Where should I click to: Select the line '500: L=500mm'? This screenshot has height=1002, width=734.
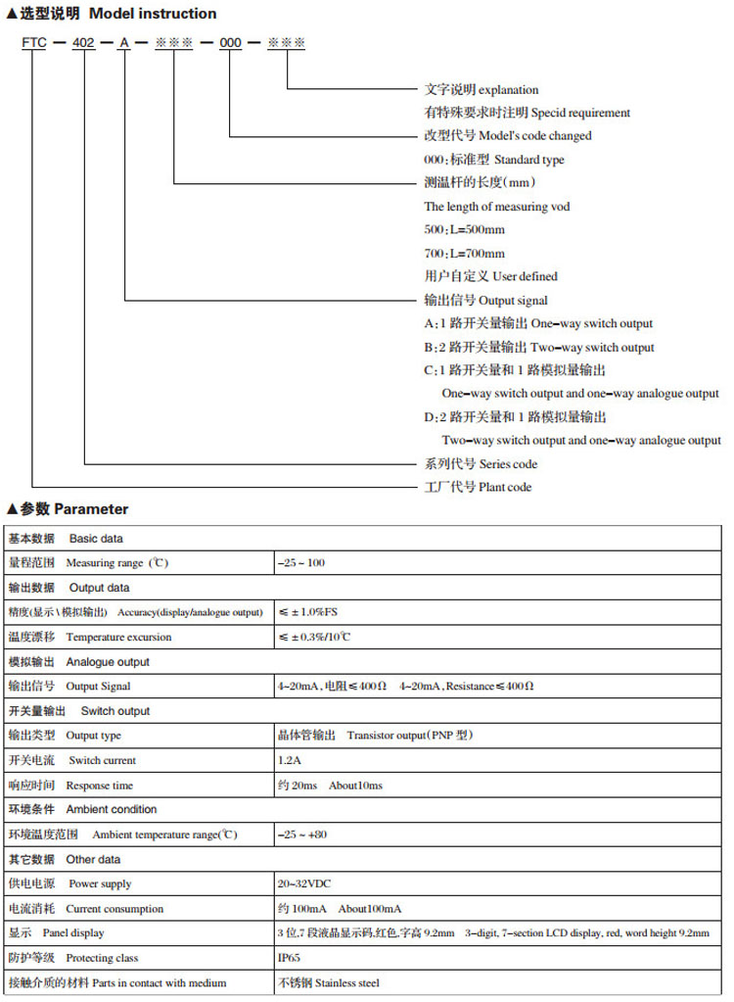(x=464, y=229)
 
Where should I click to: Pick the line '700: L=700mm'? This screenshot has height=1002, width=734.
(x=464, y=253)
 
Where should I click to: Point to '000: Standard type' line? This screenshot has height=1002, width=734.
(x=493, y=160)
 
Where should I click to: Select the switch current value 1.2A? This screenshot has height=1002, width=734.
(x=290, y=760)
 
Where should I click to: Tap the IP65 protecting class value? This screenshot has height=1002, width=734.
(x=290, y=957)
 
